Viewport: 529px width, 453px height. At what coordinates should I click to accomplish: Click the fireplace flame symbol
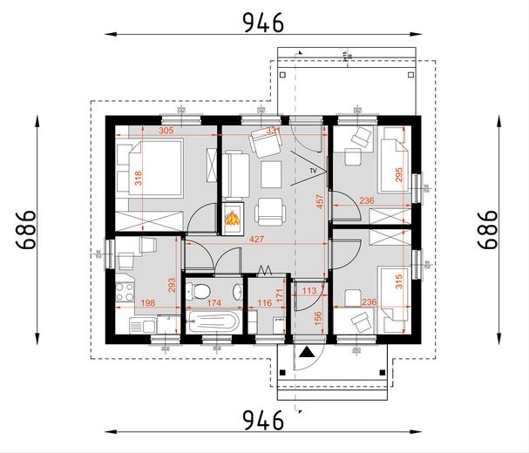[x=233, y=220]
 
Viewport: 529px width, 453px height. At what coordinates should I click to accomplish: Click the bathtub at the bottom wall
[x=212, y=321]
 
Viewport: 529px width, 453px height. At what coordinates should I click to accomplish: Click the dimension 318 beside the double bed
[x=138, y=179]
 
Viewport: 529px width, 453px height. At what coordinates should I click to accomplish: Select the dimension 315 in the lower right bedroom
[x=399, y=284]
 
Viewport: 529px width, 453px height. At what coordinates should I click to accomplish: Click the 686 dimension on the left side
[x=26, y=229]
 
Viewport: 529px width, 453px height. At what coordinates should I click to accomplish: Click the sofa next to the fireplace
[x=234, y=173]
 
